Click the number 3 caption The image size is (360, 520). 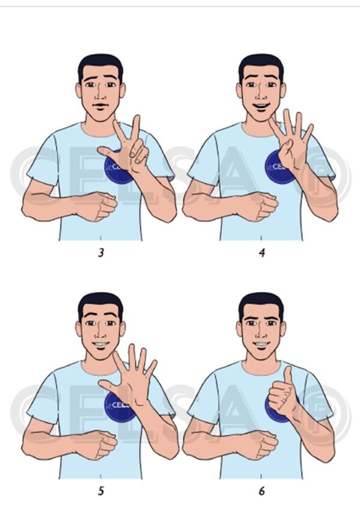coord(101,253)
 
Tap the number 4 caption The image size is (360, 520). coord(262,253)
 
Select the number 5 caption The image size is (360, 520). coord(101,491)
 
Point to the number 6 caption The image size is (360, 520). coord(262,491)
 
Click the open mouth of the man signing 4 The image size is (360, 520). coord(261,108)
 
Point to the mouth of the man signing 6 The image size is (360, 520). coord(261,345)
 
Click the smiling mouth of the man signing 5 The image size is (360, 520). coord(100,345)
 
